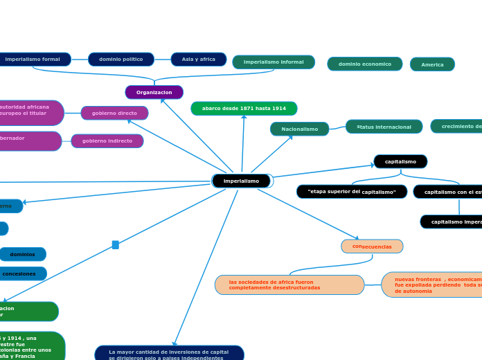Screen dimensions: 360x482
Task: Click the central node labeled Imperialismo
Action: pyautogui.click(x=242, y=181)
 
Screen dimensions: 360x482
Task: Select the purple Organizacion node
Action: pyautogui.click(x=154, y=92)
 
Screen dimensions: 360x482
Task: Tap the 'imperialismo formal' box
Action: pyautogui.click(x=33, y=60)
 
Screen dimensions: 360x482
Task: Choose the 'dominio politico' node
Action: pyautogui.click(x=120, y=60)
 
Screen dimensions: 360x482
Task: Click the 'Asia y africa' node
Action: pyautogui.click(x=198, y=60)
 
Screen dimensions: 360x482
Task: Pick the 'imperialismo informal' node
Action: pyautogui.click(x=274, y=62)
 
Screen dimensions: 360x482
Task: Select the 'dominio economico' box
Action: pyautogui.click(x=364, y=64)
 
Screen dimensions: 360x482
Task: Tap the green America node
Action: pyautogui.click(x=432, y=64)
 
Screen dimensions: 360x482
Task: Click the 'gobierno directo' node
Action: pyautogui.click(x=114, y=113)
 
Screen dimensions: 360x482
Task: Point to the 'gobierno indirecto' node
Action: pyautogui.click(x=107, y=141)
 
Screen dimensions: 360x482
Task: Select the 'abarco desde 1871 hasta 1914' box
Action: pyautogui.click(x=244, y=109)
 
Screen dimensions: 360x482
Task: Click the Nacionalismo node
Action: pyautogui.click(x=299, y=129)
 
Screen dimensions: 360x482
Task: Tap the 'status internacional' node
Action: pyautogui.click(x=384, y=127)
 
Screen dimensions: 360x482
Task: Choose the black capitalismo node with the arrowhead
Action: pyautogui.click(x=400, y=161)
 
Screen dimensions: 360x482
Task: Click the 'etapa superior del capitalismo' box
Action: pyautogui.click(x=352, y=192)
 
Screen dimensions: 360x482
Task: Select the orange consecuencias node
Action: pyautogui.click(x=372, y=246)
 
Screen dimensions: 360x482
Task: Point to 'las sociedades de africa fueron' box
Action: pyautogui.click(x=289, y=285)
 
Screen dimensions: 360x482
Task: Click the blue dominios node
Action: pyautogui.click(x=23, y=254)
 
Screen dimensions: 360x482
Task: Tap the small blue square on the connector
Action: pyautogui.click(x=116, y=244)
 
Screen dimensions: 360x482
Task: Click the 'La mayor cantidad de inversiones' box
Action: pyautogui.click(x=169, y=354)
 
